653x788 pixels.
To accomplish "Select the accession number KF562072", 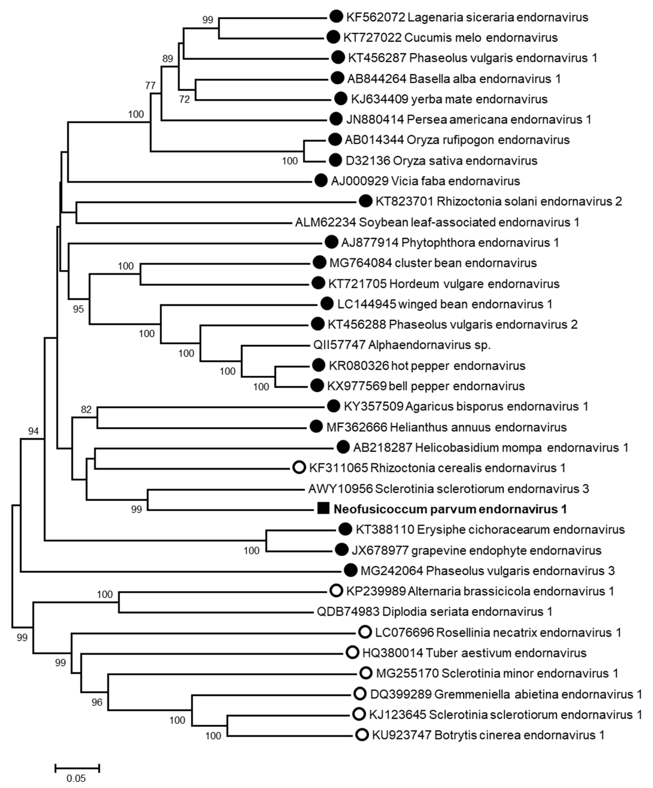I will [x=375, y=17].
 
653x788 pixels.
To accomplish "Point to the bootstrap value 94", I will [x=34, y=431].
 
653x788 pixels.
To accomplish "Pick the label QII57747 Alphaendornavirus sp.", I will [x=402, y=345].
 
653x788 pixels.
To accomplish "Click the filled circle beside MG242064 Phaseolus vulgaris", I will [x=350, y=570].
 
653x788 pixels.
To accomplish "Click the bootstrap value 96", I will [x=97, y=702].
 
